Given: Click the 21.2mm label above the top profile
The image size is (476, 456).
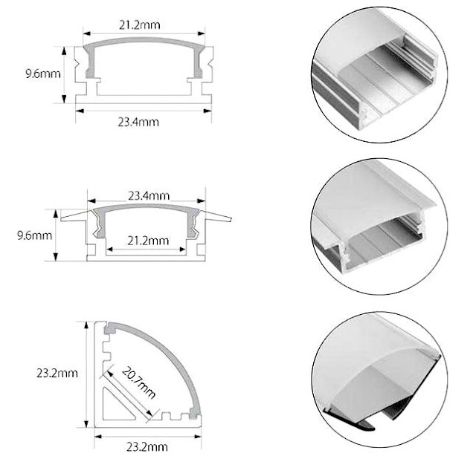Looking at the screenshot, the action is pyautogui.click(x=139, y=25).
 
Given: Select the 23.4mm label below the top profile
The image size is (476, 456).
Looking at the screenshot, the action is pyautogui.click(x=138, y=123).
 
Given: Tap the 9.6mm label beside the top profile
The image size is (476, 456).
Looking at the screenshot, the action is pyautogui.click(x=43, y=74).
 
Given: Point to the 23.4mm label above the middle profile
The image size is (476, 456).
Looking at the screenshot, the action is pyautogui.click(x=149, y=196).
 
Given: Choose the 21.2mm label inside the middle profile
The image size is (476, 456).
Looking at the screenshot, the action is pyautogui.click(x=148, y=241).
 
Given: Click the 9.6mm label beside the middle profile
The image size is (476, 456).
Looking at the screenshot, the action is pyautogui.click(x=34, y=235).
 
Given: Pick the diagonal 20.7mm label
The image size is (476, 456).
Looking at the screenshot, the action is pyautogui.click(x=139, y=382).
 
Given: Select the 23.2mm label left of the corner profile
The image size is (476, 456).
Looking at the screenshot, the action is pyautogui.click(x=57, y=373).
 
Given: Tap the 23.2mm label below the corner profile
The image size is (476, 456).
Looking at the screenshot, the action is pyautogui.click(x=147, y=447).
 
